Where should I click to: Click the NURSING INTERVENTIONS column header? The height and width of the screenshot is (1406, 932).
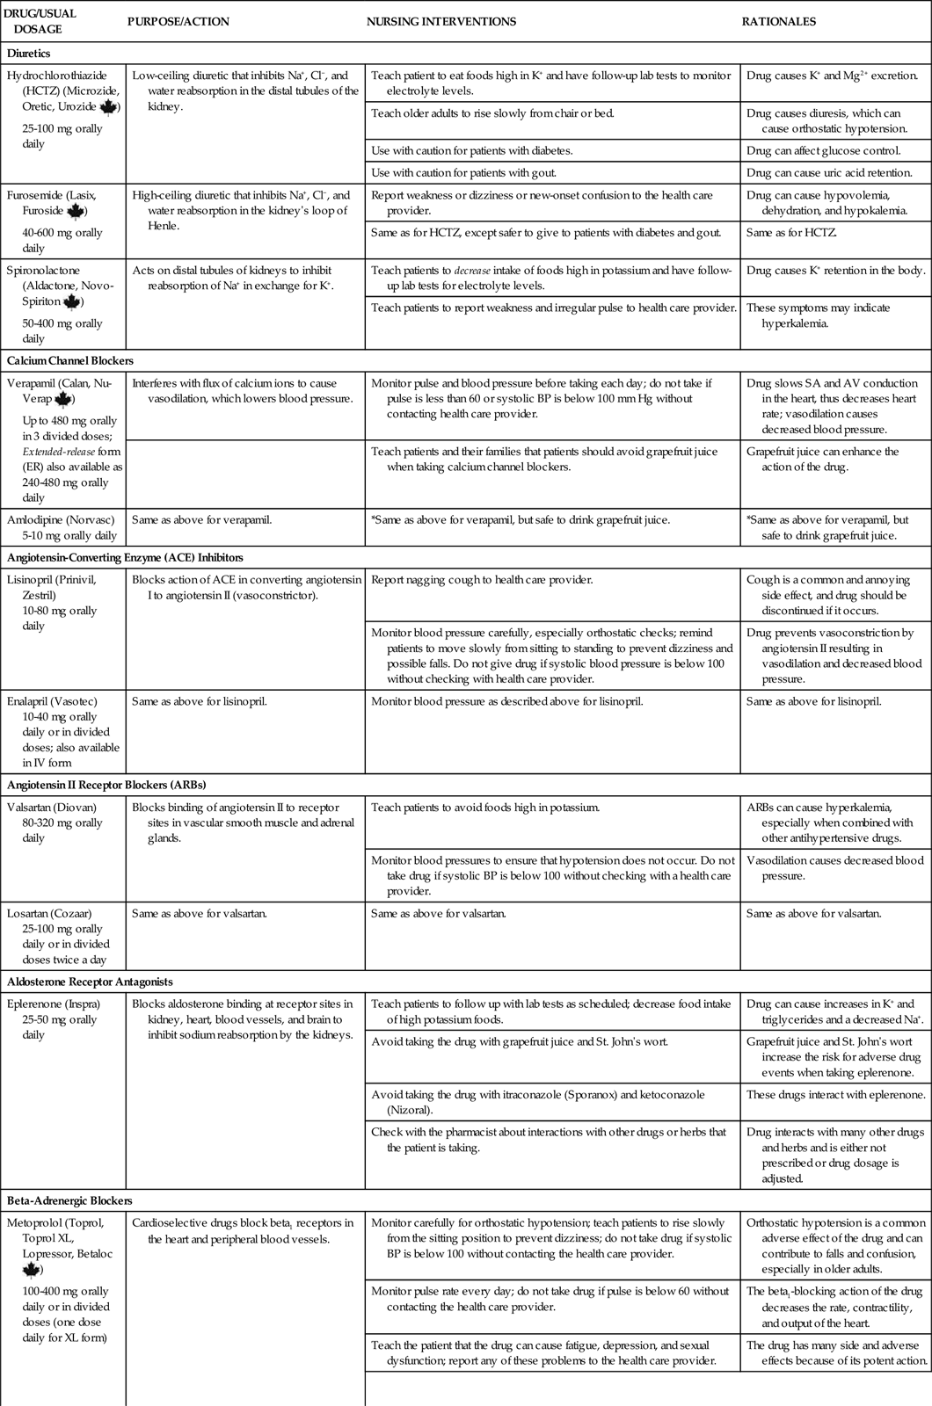pos(441,21)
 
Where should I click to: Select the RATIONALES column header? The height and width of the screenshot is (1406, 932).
pos(779,21)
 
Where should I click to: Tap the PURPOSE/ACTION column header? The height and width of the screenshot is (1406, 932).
pos(178,21)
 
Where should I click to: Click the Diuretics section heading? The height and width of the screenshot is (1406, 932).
pos(30,54)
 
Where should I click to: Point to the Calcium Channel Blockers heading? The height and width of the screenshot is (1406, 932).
pos(69,360)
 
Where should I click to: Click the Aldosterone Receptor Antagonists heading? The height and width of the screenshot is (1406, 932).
pos(90,982)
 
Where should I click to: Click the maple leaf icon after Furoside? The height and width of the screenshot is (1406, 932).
pos(76,212)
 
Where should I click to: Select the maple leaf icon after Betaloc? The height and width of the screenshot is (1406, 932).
pos(32,1271)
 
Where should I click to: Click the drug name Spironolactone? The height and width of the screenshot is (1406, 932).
pos(45,271)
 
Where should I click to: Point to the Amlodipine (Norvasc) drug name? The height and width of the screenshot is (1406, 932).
pos(61,519)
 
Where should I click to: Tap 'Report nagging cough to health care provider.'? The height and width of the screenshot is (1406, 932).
pos(481,580)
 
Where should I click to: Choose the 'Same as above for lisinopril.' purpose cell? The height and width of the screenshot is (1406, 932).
pos(199,701)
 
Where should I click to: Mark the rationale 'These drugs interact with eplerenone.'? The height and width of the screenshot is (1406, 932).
pos(835,1095)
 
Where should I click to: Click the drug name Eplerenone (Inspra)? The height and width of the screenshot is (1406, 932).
pos(53,1004)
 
